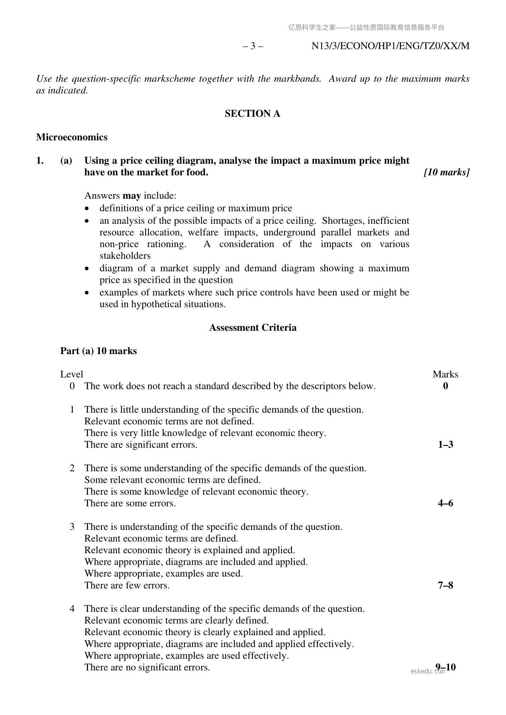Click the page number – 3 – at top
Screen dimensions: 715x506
(x=252, y=46)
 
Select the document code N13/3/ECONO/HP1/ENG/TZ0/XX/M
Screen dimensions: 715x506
(x=390, y=46)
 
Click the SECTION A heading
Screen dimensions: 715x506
(x=252, y=113)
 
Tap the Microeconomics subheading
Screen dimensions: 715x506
(x=72, y=137)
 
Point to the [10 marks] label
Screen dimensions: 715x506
(x=447, y=172)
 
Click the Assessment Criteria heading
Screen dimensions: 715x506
(x=253, y=327)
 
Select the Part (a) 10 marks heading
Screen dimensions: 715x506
(x=99, y=351)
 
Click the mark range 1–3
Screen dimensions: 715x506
(x=445, y=445)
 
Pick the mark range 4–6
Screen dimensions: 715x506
(x=445, y=503)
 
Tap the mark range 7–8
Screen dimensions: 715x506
(x=445, y=585)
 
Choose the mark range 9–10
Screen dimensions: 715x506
(x=446, y=667)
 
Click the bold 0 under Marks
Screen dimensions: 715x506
(x=445, y=386)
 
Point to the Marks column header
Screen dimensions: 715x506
(x=445, y=374)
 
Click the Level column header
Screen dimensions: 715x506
(x=72, y=374)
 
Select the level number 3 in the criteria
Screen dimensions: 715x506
(x=72, y=526)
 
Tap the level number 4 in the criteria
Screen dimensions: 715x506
(x=72, y=608)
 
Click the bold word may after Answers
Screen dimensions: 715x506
(x=132, y=196)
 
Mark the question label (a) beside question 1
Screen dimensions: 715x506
(x=66, y=160)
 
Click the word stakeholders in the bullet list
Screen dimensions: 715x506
(x=125, y=256)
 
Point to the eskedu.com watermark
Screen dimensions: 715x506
(x=427, y=671)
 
